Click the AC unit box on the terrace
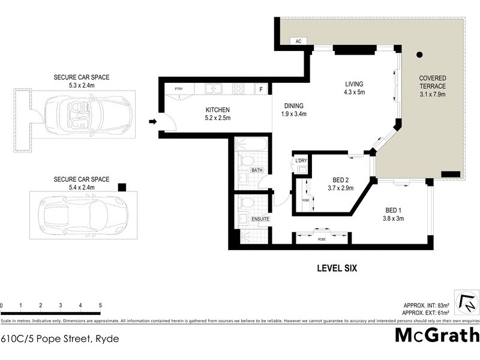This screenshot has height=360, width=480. [x=298, y=41]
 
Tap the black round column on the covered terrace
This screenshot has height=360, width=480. [x=420, y=55]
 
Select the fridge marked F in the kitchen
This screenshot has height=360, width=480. [x=261, y=89]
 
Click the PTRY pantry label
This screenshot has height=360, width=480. [x=178, y=89]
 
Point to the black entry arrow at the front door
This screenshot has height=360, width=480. [x=152, y=122]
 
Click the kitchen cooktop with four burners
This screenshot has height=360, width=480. [x=238, y=89]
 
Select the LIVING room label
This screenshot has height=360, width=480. [x=355, y=84]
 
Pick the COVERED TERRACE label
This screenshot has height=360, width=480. [x=432, y=82]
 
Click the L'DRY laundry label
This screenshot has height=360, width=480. [x=301, y=160]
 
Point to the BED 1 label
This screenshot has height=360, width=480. [x=394, y=210]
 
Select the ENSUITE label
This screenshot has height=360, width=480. [x=260, y=219]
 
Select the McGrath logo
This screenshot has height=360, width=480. [x=436, y=335]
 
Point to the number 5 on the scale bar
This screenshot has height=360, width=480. [x=100, y=306]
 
